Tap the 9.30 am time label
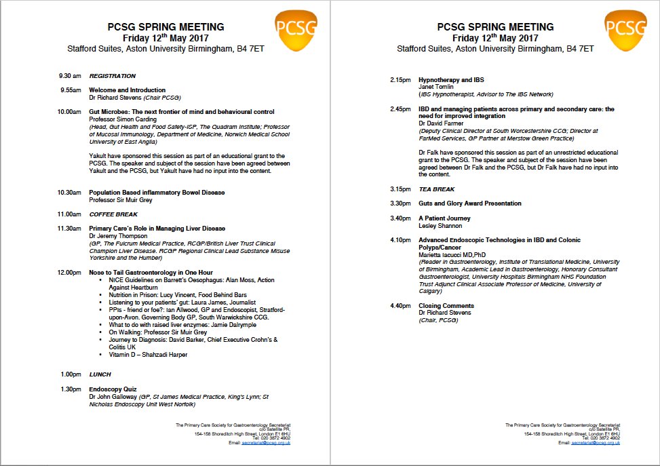[70, 76]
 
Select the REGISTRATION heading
[113, 76]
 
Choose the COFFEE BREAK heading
[113, 214]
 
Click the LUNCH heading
[100, 374]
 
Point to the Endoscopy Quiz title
[113, 389]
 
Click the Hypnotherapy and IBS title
[451, 80]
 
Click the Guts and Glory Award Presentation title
[470, 203]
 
